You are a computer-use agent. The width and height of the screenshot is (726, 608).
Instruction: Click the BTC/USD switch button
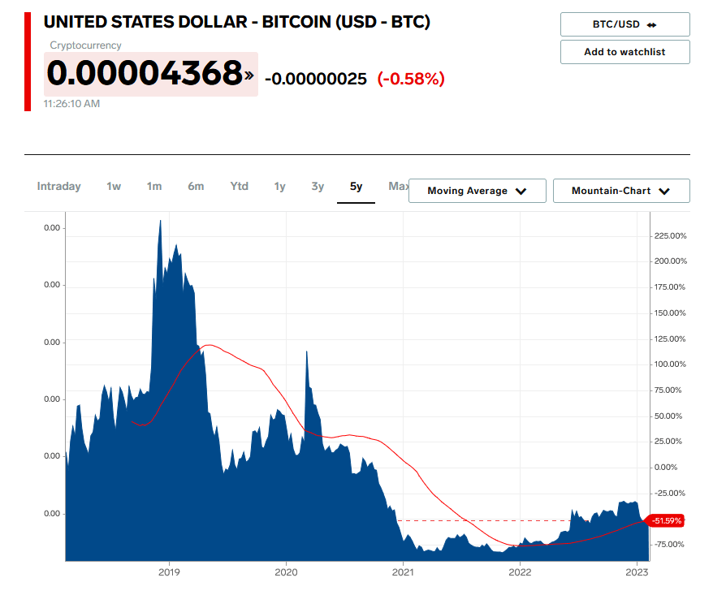[x=624, y=24]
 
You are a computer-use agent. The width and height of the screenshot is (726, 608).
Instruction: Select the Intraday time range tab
[x=59, y=187]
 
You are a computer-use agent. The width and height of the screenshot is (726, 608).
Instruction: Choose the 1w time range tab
[x=114, y=187]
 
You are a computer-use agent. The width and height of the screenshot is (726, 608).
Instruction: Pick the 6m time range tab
[x=196, y=187]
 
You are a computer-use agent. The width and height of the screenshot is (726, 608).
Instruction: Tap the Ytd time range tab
[x=239, y=187]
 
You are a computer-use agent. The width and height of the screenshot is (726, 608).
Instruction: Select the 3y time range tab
[x=318, y=187]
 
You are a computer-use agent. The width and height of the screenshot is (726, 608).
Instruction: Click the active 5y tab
[x=356, y=187]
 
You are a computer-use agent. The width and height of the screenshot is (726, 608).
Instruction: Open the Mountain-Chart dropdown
[x=620, y=191]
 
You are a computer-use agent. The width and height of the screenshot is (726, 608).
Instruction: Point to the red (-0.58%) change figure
[x=411, y=79]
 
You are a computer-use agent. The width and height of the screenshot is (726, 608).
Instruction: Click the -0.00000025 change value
[x=316, y=79]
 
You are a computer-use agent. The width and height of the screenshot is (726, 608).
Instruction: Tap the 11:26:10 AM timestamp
[x=72, y=104]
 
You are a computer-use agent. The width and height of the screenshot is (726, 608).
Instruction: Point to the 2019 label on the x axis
[x=169, y=572]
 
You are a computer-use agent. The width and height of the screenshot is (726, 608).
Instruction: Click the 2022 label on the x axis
[x=520, y=572]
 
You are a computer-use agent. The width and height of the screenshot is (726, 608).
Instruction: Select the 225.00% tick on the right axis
[x=670, y=235]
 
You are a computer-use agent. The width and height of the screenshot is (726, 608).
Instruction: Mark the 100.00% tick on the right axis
[x=670, y=364]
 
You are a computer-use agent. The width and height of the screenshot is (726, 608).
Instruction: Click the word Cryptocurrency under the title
[x=85, y=45]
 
